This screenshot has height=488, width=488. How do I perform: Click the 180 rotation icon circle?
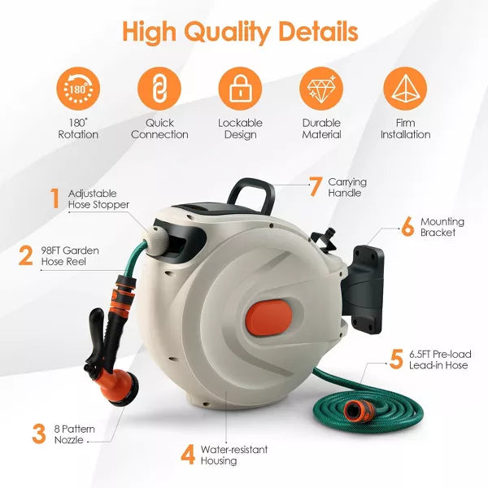[x=78, y=89]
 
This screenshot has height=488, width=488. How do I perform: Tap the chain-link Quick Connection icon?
[x=159, y=89]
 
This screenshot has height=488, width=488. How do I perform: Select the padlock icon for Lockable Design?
[x=240, y=89]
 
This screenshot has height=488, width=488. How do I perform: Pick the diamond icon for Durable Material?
[x=321, y=89]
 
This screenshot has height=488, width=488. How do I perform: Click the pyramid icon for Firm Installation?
[x=405, y=89]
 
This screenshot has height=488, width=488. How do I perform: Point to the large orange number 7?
[x=315, y=187]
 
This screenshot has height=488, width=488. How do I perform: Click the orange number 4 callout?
[x=188, y=455]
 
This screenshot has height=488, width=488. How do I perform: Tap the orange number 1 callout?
[x=55, y=198]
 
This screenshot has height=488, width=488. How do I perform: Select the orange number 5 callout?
[x=396, y=359]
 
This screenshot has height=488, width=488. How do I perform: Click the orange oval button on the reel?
[x=269, y=317]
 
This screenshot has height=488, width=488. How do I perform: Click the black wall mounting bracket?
[x=364, y=289]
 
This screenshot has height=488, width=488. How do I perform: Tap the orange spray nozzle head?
[x=120, y=386]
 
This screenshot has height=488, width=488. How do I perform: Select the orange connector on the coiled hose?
[x=358, y=411]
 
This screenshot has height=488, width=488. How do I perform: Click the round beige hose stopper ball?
[x=158, y=238]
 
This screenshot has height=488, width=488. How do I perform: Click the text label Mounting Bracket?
[x=442, y=227]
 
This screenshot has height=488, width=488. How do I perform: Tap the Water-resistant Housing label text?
[x=234, y=455]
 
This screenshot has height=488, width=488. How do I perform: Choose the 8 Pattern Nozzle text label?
[x=74, y=434]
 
